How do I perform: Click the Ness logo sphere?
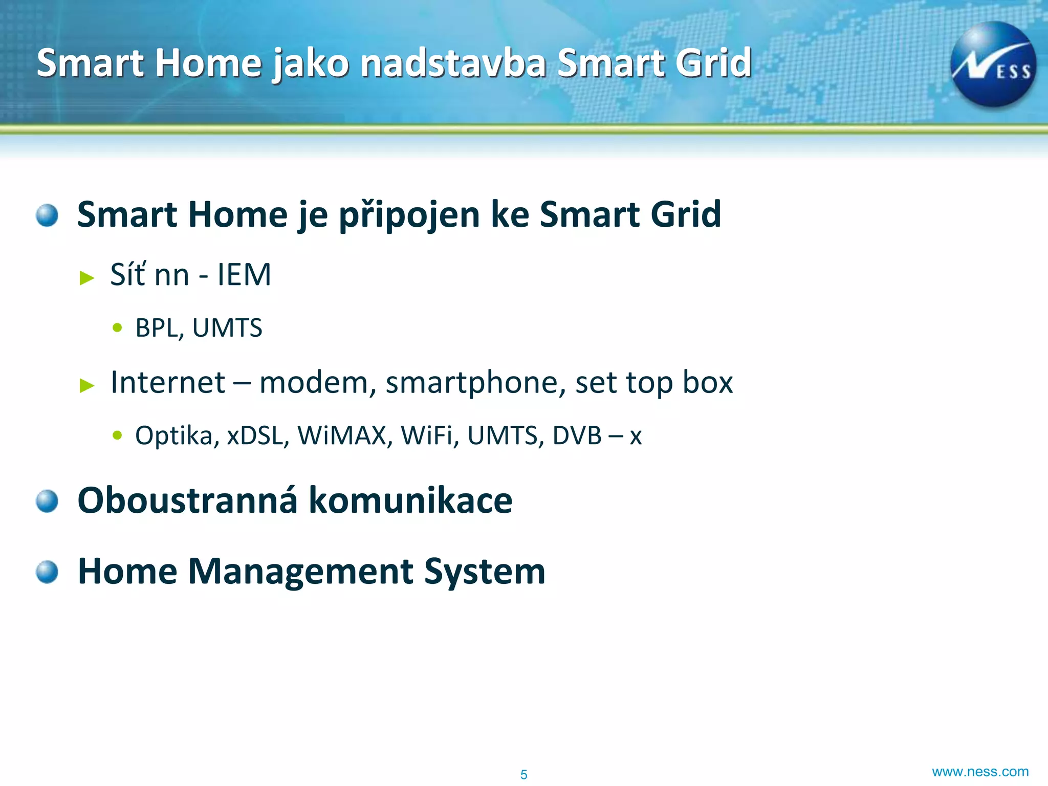pos(993,64)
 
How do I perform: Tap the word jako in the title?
pos(311,63)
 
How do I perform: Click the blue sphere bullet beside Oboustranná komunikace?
pos(47,500)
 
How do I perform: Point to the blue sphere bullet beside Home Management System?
pos(47,572)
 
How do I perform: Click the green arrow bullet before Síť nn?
pos(88,278)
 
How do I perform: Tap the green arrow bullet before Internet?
pos(88,385)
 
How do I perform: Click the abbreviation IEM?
pos(244,275)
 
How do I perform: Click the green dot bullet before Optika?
pos(118,435)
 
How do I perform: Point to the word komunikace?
pos(410,500)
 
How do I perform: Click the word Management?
pos(301,572)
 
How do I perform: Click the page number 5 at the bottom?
pos(523,774)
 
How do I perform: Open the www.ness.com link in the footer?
pos(980,772)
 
